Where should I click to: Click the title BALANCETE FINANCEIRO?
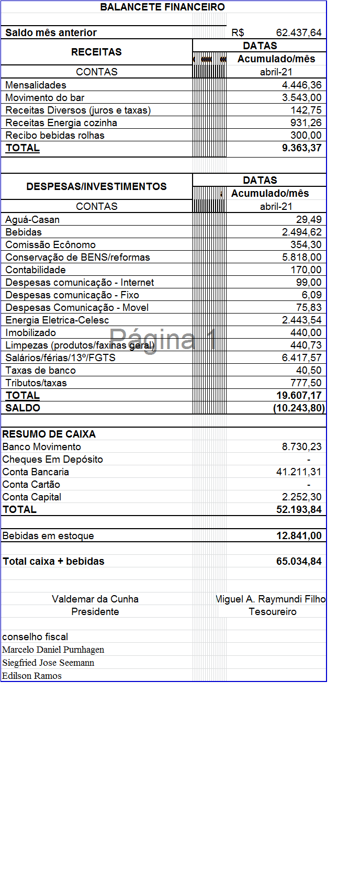(162, 7)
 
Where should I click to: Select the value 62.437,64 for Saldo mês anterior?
(298, 33)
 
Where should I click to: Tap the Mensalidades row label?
(36, 85)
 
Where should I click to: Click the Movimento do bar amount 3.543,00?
(301, 98)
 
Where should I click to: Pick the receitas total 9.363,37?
(301, 148)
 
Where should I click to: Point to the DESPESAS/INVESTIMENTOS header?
(96, 187)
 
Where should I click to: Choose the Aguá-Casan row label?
(32, 220)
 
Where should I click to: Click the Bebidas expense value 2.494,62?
(301, 232)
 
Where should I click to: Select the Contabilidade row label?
(36, 270)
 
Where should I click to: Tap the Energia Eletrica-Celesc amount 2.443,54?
(301, 320)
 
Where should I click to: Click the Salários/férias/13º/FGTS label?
(60, 358)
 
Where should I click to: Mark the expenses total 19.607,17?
(299, 396)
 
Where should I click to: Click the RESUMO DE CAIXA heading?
(49, 434)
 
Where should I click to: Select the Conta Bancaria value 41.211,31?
(299, 472)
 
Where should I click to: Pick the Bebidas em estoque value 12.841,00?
(299, 536)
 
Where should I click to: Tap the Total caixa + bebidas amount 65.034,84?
(299, 562)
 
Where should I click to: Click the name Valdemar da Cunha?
(95, 599)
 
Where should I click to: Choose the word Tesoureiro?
(272, 612)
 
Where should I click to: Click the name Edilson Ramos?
(32, 676)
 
